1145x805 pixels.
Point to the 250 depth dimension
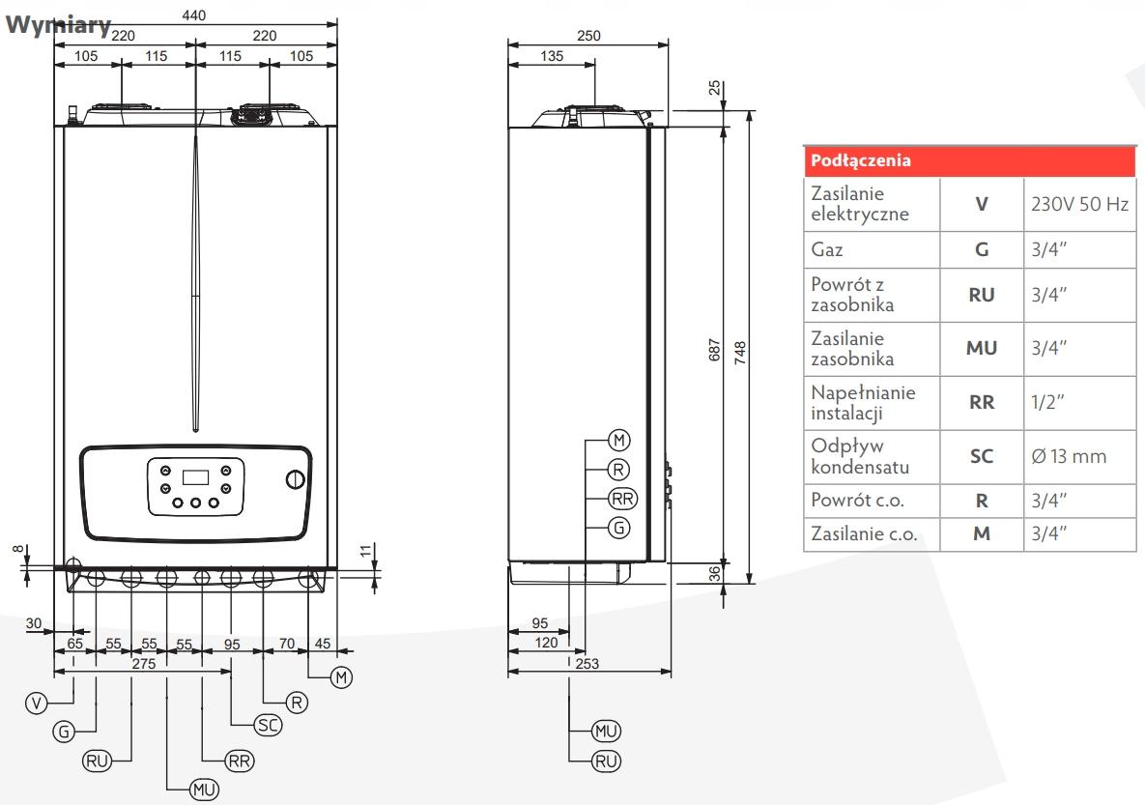[587, 35]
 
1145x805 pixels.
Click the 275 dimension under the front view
[143, 664]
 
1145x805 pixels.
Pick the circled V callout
[37, 703]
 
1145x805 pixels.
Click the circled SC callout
[267, 724]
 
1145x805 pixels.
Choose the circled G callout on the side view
[619, 527]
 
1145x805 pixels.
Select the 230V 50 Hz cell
[1078, 204]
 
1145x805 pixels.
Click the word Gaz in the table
[828, 249]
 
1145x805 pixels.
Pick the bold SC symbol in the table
[981, 456]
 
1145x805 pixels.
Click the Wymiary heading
[58, 25]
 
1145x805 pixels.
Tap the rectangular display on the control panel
[195, 477]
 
